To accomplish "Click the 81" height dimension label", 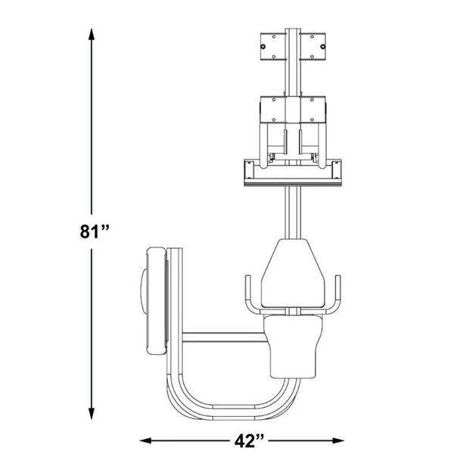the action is pos(94,232).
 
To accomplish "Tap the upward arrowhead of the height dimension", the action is pos(92,34).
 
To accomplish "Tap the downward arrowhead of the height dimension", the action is pos(92,413).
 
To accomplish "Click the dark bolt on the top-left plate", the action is pos(263,47).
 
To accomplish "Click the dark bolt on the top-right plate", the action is pos(323,47).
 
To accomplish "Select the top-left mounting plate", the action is pos(273,47).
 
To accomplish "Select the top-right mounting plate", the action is pos(312,47).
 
